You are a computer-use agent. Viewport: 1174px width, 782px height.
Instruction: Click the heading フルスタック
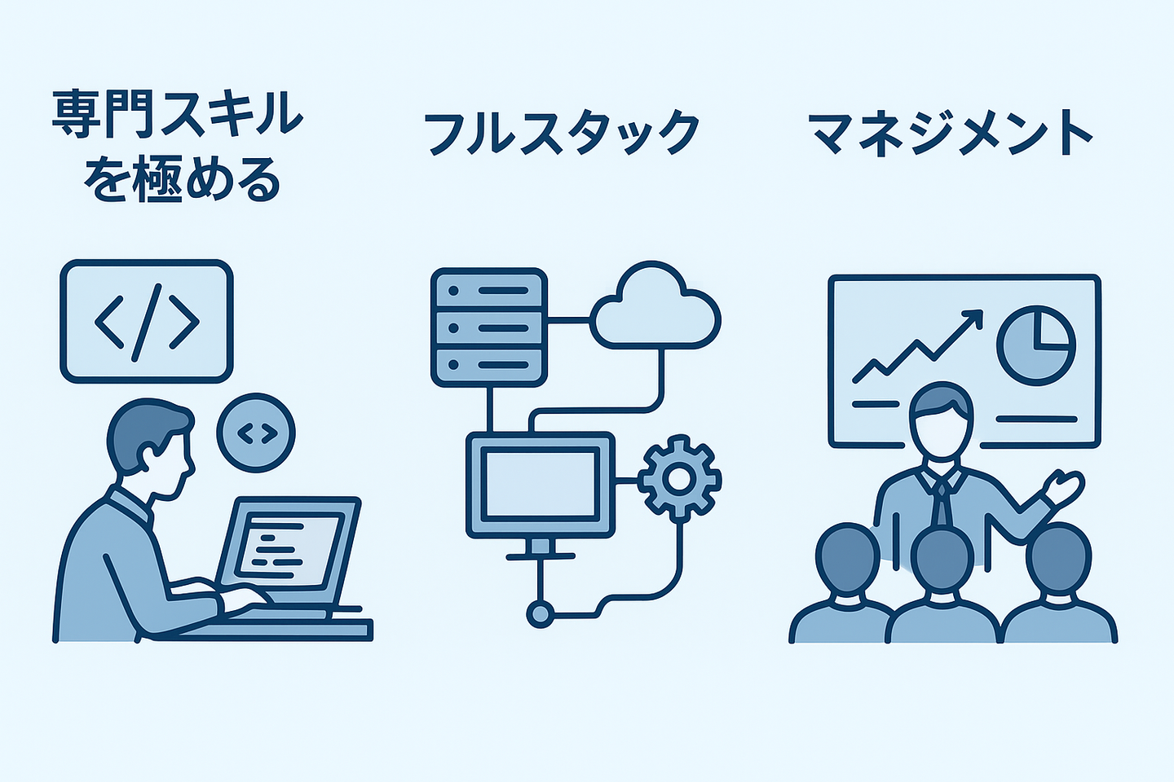point(561,133)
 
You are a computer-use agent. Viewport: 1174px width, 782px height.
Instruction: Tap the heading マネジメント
point(951,133)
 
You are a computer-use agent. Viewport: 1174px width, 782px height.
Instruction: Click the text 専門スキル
point(178,114)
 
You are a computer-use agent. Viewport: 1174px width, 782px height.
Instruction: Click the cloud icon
point(655,308)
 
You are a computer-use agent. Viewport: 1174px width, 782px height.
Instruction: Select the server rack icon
point(488,327)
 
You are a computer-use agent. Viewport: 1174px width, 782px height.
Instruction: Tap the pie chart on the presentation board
point(1036,344)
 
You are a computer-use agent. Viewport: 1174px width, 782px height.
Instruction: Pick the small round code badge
point(256,433)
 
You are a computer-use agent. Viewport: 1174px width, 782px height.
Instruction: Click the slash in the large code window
point(147,321)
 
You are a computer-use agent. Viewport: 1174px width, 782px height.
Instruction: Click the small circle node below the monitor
point(539,613)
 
